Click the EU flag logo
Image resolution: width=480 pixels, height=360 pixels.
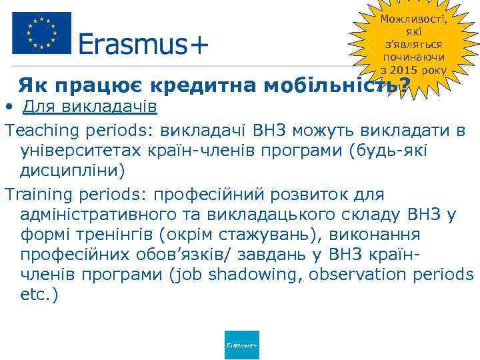click(x=41, y=33)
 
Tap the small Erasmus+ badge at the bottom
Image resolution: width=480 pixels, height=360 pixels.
click(x=242, y=345)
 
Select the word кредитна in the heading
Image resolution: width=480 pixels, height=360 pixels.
click(x=205, y=86)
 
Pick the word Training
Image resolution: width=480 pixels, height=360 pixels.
click(x=37, y=195)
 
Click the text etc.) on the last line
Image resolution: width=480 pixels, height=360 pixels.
click(x=39, y=295)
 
